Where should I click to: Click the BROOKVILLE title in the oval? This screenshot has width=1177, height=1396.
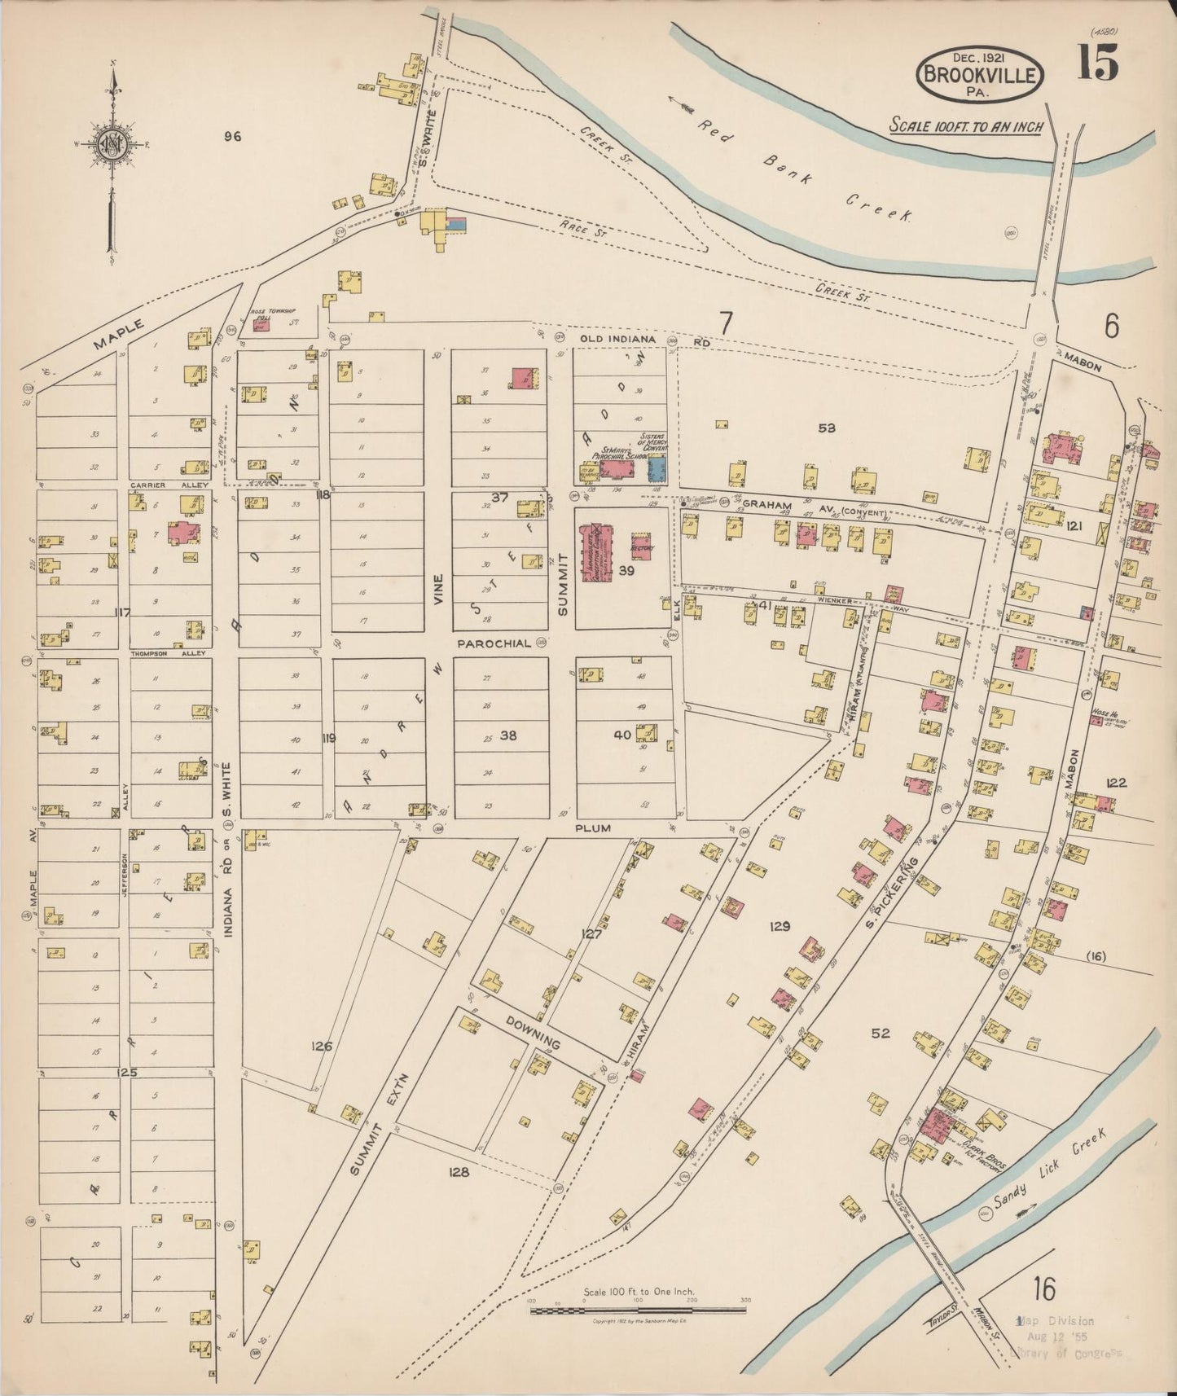point(980,76)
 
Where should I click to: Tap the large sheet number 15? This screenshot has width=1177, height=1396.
point(1097,63)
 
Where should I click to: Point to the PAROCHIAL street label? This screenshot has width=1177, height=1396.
point(494,643)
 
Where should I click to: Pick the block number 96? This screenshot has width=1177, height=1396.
point(233,137)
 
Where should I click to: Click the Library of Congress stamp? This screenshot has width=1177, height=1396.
point(1066,1337)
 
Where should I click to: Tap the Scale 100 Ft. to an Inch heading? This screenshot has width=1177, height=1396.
point(965,126)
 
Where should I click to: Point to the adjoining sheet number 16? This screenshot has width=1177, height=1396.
point(1043,1289)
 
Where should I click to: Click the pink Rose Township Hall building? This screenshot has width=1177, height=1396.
point(261,325)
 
